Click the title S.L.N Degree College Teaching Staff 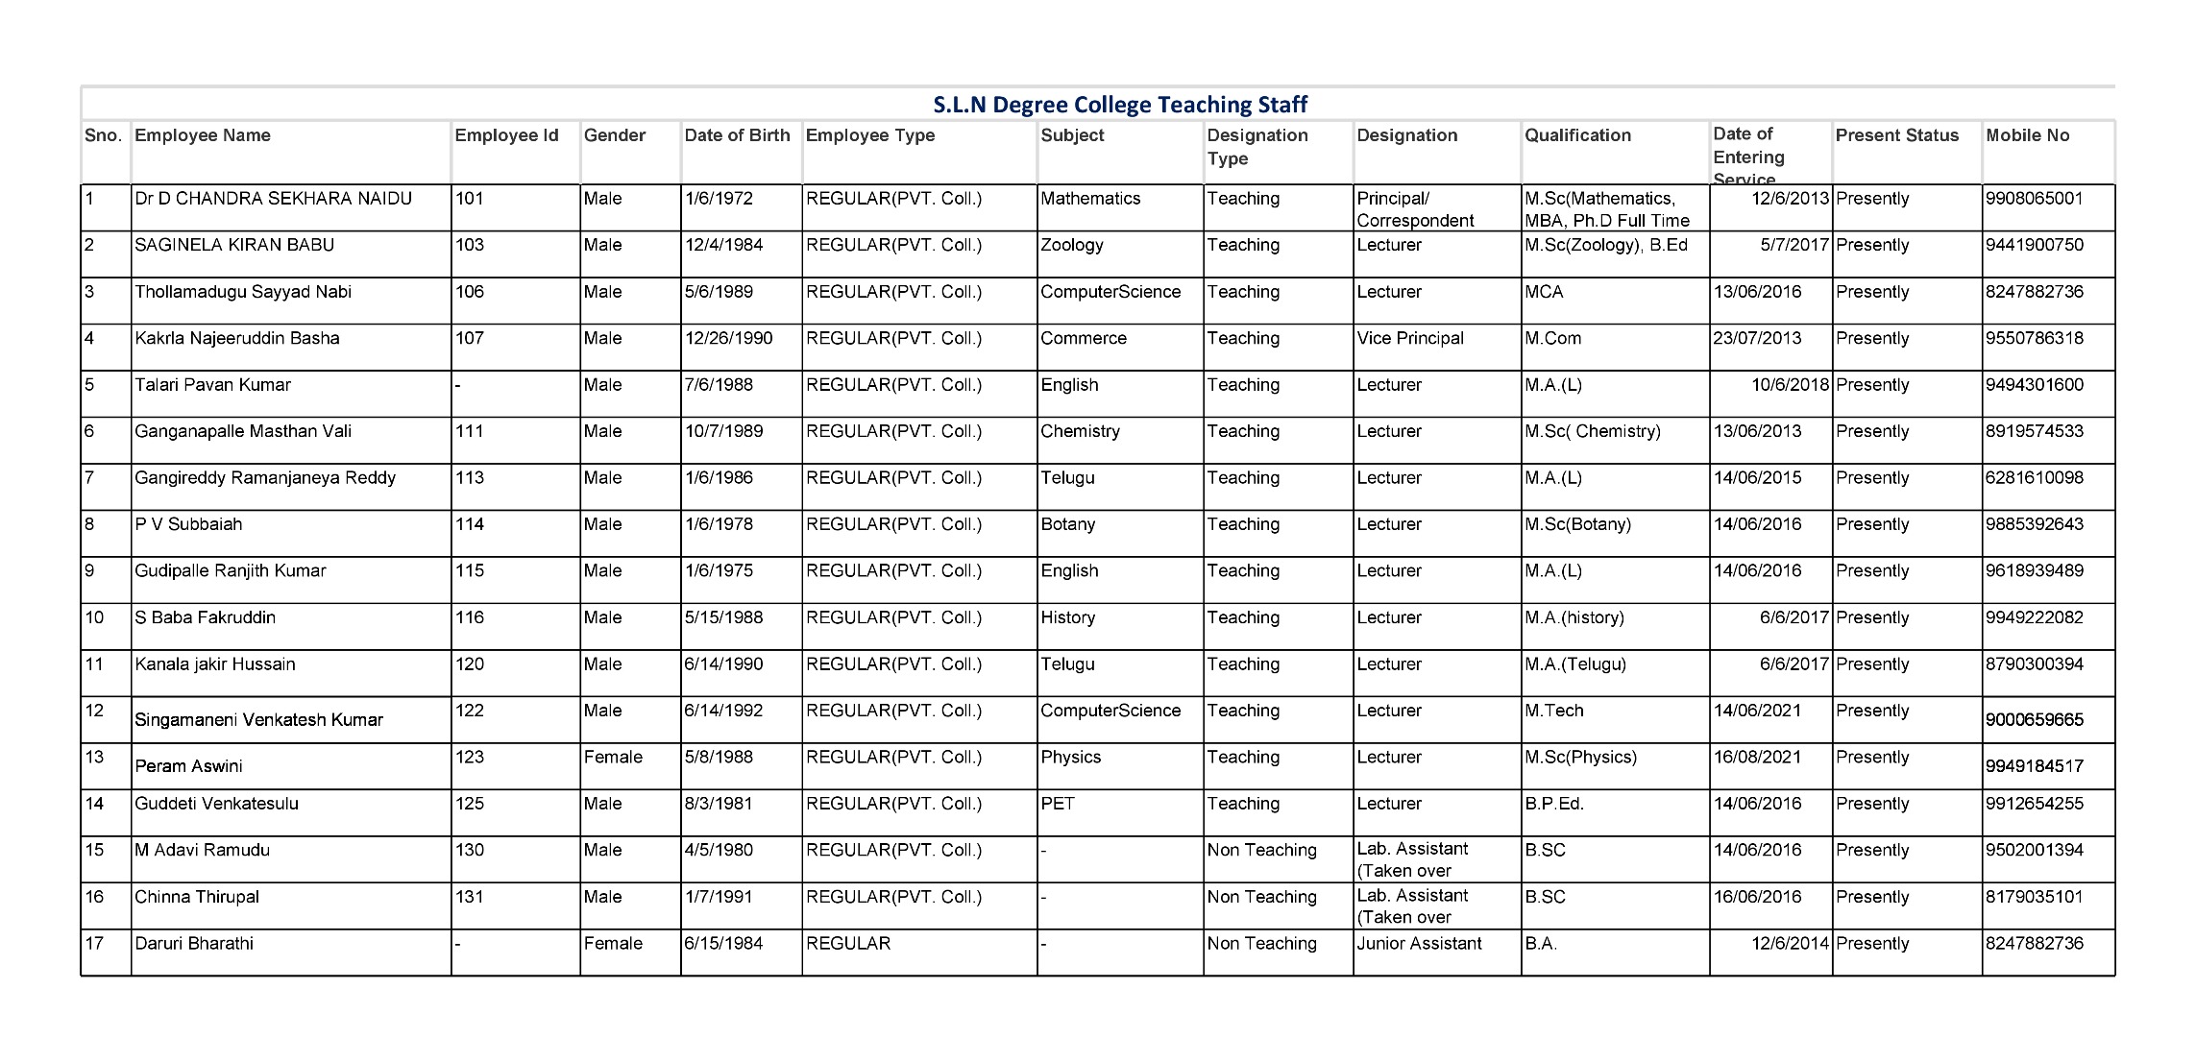tap(1120, 104)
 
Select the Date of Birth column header tap(737, 135)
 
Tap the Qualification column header tap(1577, 135)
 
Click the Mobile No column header tap(2027, 135)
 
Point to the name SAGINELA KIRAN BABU tap(234, 245)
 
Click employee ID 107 tap(470, 338)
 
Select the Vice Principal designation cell tap(1410, 338)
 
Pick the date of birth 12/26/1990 tap(728, 338)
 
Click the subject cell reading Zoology tap(1072, 245)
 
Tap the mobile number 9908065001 tap(2035, 199)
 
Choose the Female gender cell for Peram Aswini tap(613, 757)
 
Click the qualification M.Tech tap(1554, 711)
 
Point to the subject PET tap(1058, 804)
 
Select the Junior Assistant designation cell tap(1419, 943)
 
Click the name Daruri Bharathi tap(194, 943)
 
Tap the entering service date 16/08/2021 tap(1757, 757)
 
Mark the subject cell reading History tap(1068, 617)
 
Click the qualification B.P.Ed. tap(1554, 804)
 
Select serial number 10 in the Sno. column tap(94, 617)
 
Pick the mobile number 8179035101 tap(2035, 897)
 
